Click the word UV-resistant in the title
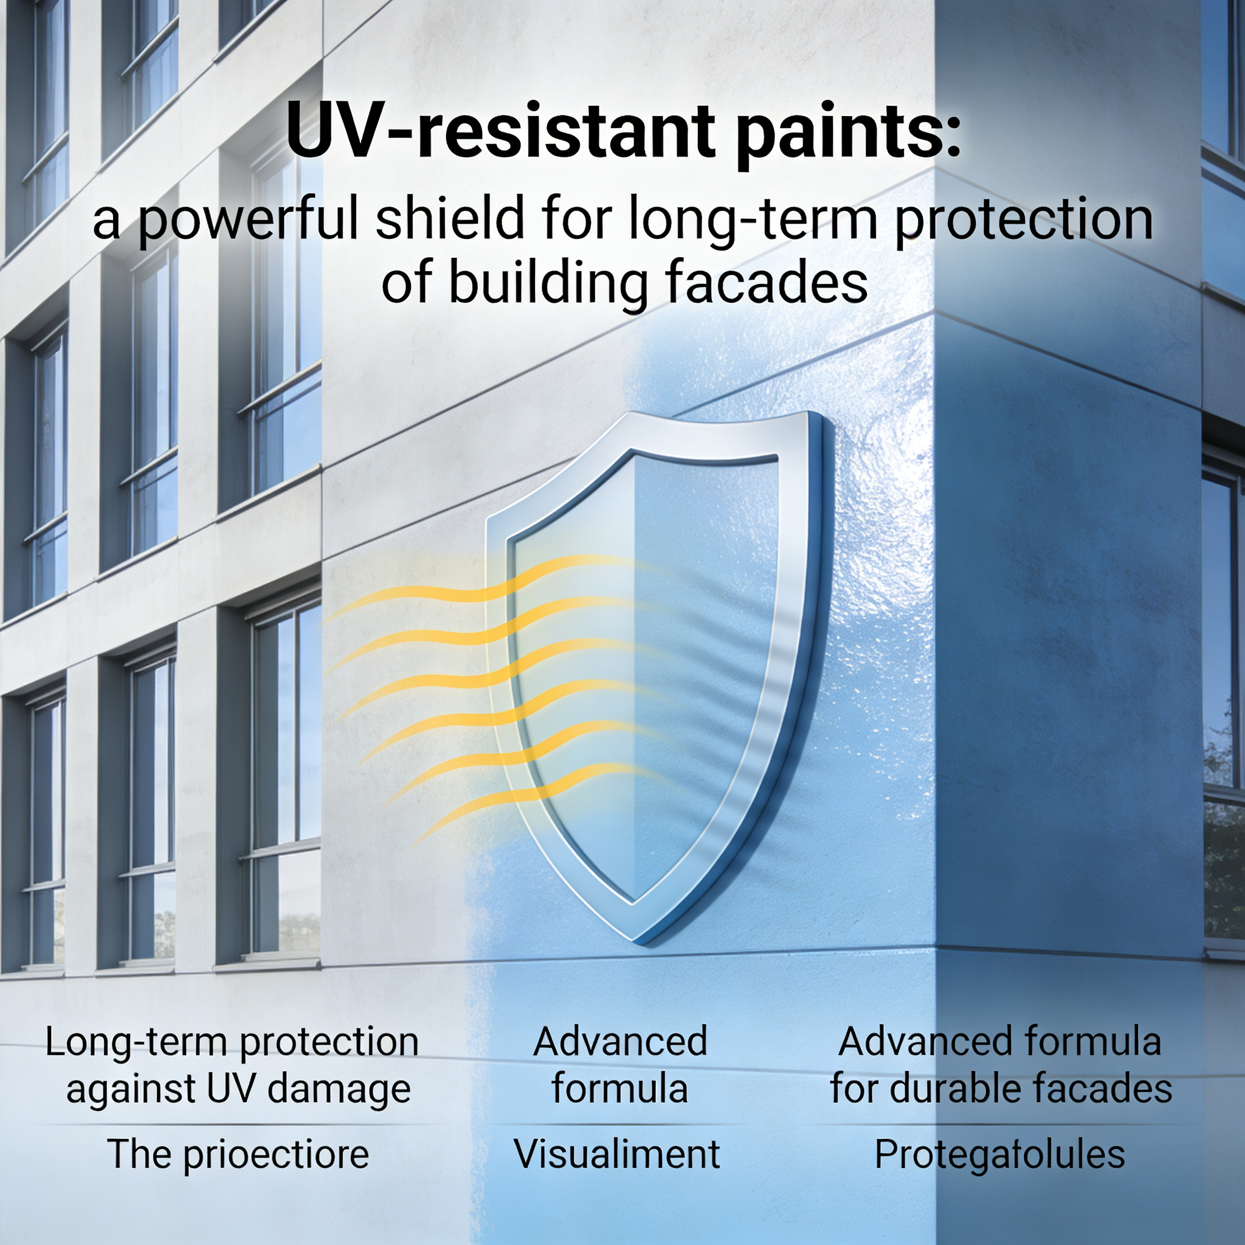pyautogui.click(x=501, y=131)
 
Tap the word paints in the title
pyautogui.click(x=838, y=134)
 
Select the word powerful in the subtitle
pyautogui.click(x=248, y=221)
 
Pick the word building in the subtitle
pyautogui.click(x=548, y=283)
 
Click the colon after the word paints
pyautogui.click(x=954, y=137)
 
